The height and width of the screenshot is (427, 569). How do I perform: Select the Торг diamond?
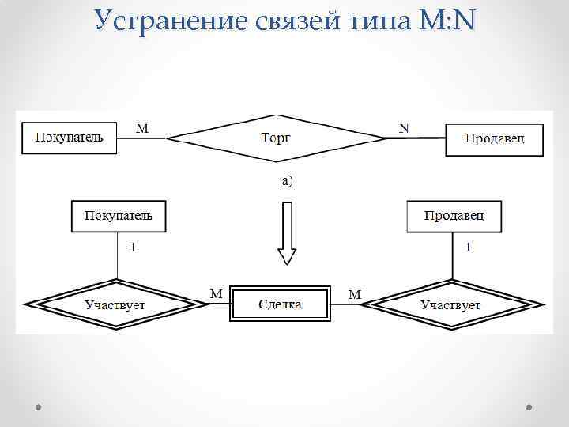click(x=276, y=138)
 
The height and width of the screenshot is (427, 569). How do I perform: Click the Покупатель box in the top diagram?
click(x=69, y=138)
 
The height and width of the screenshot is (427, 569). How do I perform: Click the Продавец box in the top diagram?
click(x=495, y=138)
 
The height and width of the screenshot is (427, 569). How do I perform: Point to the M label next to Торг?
click(x=141, y=127)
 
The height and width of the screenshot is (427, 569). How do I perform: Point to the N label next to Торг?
click(x=405, y=127)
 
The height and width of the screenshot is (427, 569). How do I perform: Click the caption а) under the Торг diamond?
click(x=287, y=181)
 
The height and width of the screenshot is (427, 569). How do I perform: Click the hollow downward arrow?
click(x=287, y=232)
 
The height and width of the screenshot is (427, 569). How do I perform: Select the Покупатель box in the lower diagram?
click(x=119, y=216)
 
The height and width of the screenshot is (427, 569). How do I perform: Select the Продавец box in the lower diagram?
click(x=454, y=216)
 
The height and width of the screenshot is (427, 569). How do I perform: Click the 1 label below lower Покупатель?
click(x=133, y=247)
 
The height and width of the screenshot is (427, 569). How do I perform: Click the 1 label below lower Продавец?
click(x=469, y=248)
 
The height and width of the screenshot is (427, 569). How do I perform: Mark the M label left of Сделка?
click(x=215, y=293)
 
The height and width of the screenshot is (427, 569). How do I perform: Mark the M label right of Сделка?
click(x=355, y=294)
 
